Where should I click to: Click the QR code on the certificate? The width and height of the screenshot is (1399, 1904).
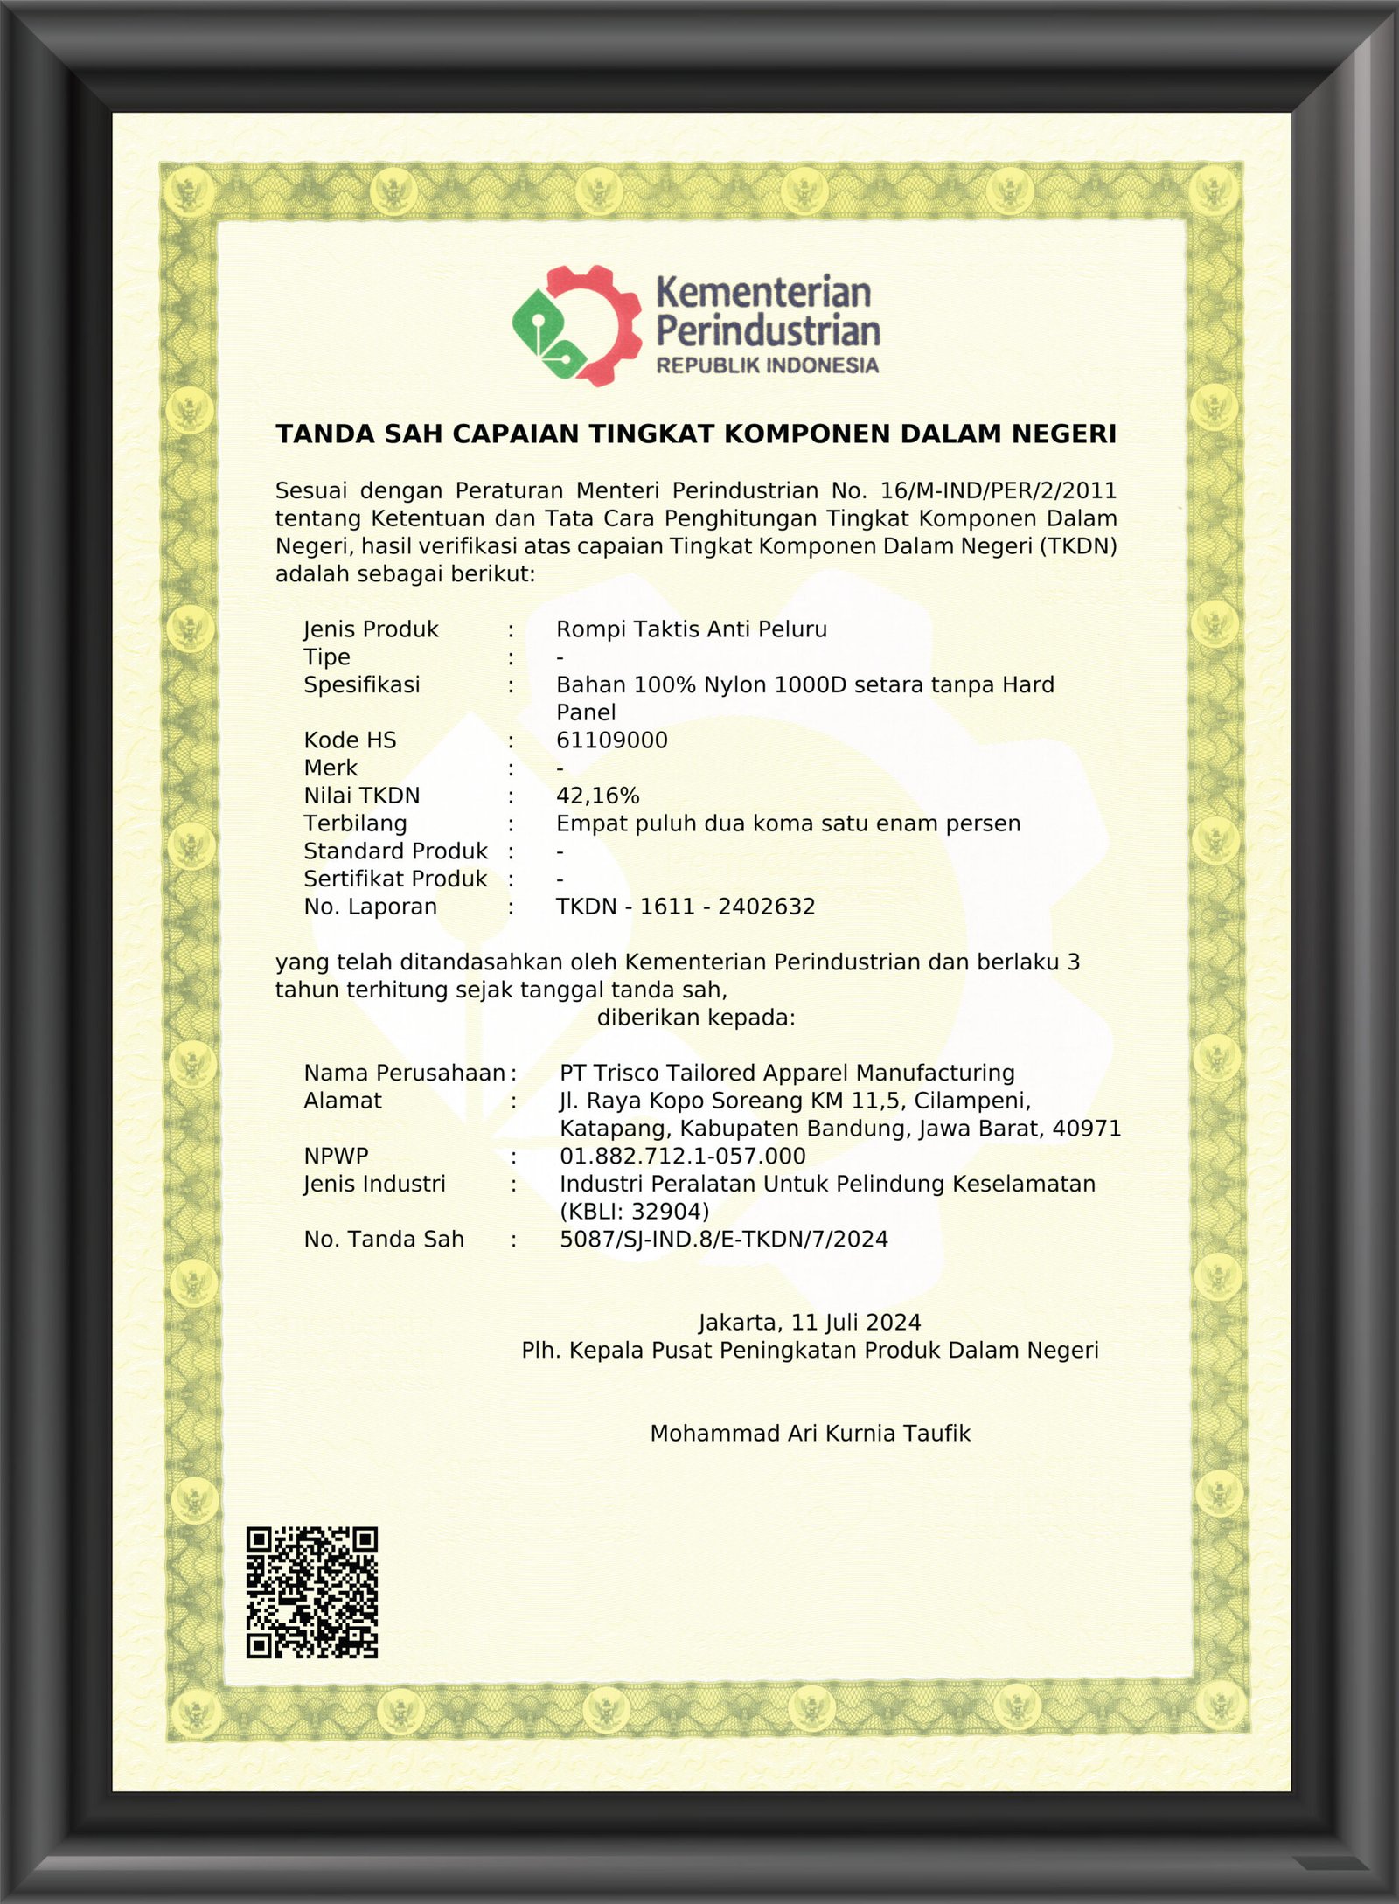click(x=311, y=1592)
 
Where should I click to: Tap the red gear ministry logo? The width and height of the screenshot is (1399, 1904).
click(x=579, y=325)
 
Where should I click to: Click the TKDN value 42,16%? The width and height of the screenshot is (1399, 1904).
click(x=597, y=796)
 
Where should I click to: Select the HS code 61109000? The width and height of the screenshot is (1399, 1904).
click(x=611, y=740)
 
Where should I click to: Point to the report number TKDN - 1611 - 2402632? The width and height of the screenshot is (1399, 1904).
click(x=686, y=907)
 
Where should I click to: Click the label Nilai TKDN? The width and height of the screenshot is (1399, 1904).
click(x=361, y=796)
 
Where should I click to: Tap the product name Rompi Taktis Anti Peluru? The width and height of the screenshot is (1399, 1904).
click(x=691, y=629)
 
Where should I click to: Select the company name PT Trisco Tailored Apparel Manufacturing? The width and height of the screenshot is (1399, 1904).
click(x=787, y=1073)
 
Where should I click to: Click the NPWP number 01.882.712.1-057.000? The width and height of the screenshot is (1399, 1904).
click(x=682, y=1156)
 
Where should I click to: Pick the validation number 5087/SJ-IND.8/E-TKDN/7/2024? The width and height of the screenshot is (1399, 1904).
click(x=723, y=1239)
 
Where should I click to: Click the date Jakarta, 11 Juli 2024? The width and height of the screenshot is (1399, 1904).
click(x=809, y=1323)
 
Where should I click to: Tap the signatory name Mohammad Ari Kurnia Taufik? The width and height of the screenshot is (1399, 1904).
click(x=810, y=1434)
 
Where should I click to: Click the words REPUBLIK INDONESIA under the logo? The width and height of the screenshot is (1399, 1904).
click(x=767, y=365)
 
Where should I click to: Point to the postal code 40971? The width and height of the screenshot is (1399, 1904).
click(x=1086, y=1129)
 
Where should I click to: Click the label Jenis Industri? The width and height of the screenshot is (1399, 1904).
click(x=374, y=1184)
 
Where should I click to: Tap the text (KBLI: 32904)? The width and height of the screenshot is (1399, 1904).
click(x=634, y=1212)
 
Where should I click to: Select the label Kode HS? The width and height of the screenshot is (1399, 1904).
click(x=350, y=740)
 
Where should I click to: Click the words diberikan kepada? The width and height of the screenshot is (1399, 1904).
click(x=696, y=1018)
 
